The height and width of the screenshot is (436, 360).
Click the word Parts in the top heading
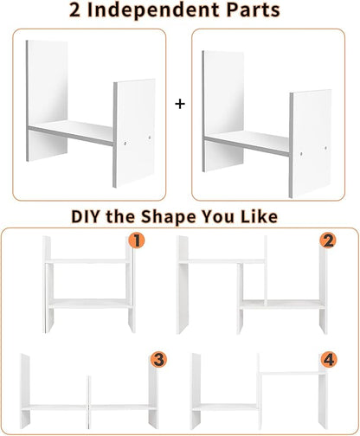pyautogui.click(x=253, y=10)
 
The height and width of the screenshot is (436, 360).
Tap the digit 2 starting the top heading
pyautogui.click(x=74, y=10)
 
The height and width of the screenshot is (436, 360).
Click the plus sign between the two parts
pyautogui.click(x=180, y=104)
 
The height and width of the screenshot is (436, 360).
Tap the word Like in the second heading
pyautogui.click(x=259, y=216)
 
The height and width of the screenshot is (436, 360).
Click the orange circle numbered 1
pyautogui.click(x=137, y=240)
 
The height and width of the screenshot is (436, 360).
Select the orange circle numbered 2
pyautogui.click(x=328, y=240)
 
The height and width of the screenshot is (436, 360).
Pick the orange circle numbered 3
pyautogui.click(x=158, y=360)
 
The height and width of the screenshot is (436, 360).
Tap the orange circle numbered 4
pyautogui.click(x=329, y=360)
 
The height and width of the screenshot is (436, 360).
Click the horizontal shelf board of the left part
pyautogui.click(x=71, y=133)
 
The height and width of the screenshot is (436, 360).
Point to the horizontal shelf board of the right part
pyautogui.click(x=247, y=143)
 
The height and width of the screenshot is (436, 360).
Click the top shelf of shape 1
pyautogui.click(x=87, y=261)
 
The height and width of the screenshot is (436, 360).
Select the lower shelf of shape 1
pyautogui.click(x=90, y=304)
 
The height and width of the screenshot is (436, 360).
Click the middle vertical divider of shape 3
pyautogui.click(x=88, y=402)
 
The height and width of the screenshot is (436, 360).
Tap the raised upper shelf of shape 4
pyautogui.click(x=292, y=373)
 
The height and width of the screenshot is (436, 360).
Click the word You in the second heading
pyautogui.click(x=217, y=216)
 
